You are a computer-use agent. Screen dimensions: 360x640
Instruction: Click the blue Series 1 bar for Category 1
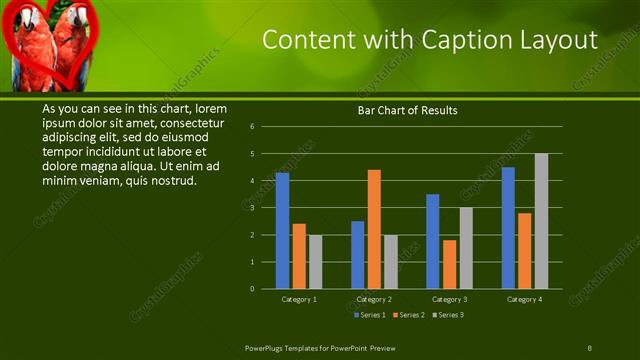pyautogui.click(x=282, y=231)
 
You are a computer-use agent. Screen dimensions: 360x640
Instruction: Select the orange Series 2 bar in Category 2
pyautogui.click(x=374, y=229)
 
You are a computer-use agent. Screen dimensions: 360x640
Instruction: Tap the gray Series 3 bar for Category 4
pyautogui.click(x=541, y=221)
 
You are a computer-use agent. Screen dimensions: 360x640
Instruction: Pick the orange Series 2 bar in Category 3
pyautogui.click(x=450, y=265)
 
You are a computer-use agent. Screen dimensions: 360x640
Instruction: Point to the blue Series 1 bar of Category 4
pyautogui.click(x=508, y=228)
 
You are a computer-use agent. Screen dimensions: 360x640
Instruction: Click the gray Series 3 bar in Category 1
pyautogui.click(x=316, y=262)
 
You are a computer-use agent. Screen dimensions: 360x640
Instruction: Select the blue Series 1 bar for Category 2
pyautogui.click(x=358, y=255)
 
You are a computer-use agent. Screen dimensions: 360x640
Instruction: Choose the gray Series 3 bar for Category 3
pyautogui.click(x=466, y=248)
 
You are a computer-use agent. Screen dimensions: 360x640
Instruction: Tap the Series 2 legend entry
pyautogui.click(x=409, y=315)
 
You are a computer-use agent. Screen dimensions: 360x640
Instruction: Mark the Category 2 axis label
pyautogui.click(x=374, y=299)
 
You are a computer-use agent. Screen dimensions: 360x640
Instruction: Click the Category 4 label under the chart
pyautogui.click(x=524, y=299)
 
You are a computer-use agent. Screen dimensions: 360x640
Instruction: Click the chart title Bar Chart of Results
pyautogui.click(x=407, y=111)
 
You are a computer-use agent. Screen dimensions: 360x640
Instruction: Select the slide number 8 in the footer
pyautogui.click(x=589, y=347)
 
